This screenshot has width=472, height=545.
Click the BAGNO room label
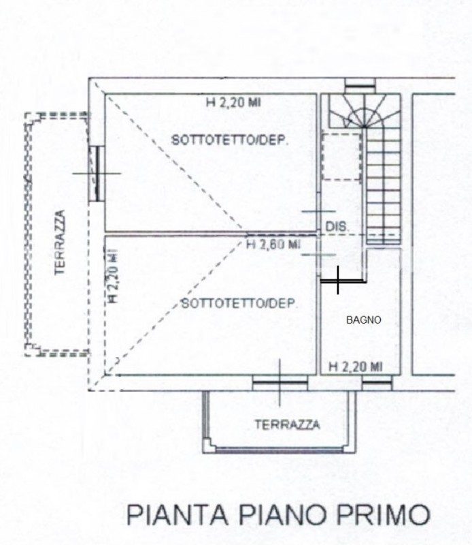tap(364, 320)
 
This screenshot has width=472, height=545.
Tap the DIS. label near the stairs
tap(337, 227)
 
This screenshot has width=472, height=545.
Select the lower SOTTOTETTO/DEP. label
tap(240, 303)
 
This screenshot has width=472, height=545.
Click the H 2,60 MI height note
tap(273, 245)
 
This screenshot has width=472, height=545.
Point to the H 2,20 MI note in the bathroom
tap(356, 367)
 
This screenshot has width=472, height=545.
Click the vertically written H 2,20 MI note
tap(113, 276)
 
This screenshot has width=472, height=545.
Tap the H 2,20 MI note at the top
tap(233, 102)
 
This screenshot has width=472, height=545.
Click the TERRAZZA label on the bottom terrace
tap(288, 424)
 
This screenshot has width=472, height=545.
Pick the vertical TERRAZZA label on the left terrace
tap(61, 243)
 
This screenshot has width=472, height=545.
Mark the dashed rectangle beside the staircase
tap(341, 156)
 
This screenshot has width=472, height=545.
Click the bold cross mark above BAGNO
tap(338, 280)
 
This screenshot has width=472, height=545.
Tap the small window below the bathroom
tap(377, 383)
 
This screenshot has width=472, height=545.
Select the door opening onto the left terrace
tap(96, 173)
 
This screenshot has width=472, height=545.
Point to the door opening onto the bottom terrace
tap(280, 383)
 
